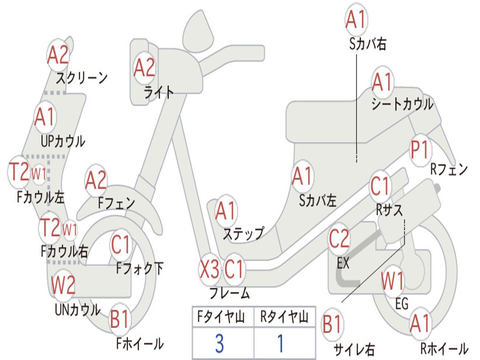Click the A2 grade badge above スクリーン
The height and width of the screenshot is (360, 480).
click(59, 55)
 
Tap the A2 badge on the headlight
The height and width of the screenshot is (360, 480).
click(144, 67)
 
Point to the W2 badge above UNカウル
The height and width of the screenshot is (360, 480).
click(63, 285)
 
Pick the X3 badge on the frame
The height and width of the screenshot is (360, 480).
click(209, 269)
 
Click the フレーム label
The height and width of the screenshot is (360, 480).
click(229, 294)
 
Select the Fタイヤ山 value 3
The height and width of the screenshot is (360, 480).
click(219, 344)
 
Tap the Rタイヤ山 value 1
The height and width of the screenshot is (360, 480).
click(280, 344)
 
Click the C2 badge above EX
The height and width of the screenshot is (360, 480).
click(339, 239)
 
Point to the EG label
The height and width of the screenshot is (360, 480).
click(402, 304)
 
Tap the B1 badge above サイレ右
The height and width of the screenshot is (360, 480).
click(333, 324)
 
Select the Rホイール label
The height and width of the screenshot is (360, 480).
click(444, 348)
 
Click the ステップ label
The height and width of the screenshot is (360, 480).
click(243, 233)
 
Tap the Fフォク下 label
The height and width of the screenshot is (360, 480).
click(140, 268)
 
